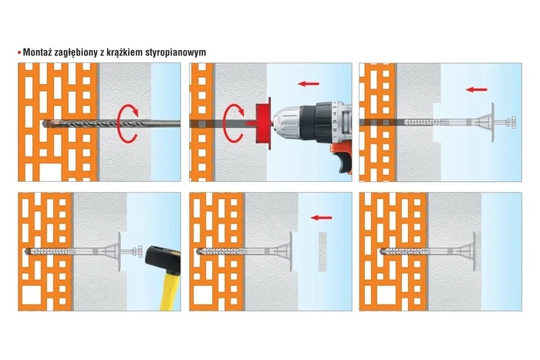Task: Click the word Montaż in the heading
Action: (x=38, y=52)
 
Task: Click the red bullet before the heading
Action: (x=19, y=52)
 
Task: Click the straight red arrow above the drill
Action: (x=309, y=82)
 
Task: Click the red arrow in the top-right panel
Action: (x=478, y=89)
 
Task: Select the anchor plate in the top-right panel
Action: (x=487, y=122)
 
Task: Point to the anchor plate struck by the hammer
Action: (x=123, y=251)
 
